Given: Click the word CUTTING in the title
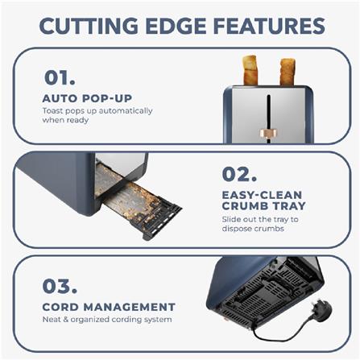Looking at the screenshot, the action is click(x=89, y=26).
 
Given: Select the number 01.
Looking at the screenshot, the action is click(x=60, y=77).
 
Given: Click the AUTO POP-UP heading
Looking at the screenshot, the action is click(x=87, y=98).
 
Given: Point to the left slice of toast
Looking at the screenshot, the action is click(x=250, y=70).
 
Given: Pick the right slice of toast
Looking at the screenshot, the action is click(x=288, y=72).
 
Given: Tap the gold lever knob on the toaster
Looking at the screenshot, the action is click(x=268, y=133).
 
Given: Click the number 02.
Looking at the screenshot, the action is click(x=239, y=174).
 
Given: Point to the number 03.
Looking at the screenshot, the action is click(x=60, y=286).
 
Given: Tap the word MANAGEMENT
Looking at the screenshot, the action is click(x=130, y=307).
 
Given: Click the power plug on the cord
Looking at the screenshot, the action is click(x=321, y=310).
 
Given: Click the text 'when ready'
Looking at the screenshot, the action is click(x=65, y=120).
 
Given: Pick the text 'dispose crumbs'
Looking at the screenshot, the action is click(x=253, y=229).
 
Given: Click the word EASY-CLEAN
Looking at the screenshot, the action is click(x=262, y=195).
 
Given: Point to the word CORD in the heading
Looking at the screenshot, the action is click(x=60, y=307).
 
